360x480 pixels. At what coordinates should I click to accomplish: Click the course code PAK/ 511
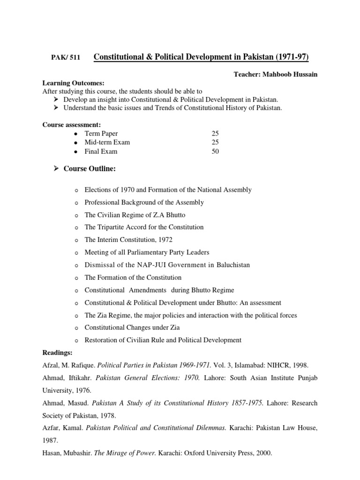click(x=66, y=58)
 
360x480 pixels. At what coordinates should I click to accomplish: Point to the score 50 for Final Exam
click(x=215, y=151)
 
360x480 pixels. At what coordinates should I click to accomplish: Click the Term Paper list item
click(x=101, y=134)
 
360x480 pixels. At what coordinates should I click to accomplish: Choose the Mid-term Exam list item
click(x=107, y=142)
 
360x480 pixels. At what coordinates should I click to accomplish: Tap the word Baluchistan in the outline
click(x=233, y=265)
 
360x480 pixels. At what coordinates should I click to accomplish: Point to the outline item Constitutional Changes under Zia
click(x=132, y=328)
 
